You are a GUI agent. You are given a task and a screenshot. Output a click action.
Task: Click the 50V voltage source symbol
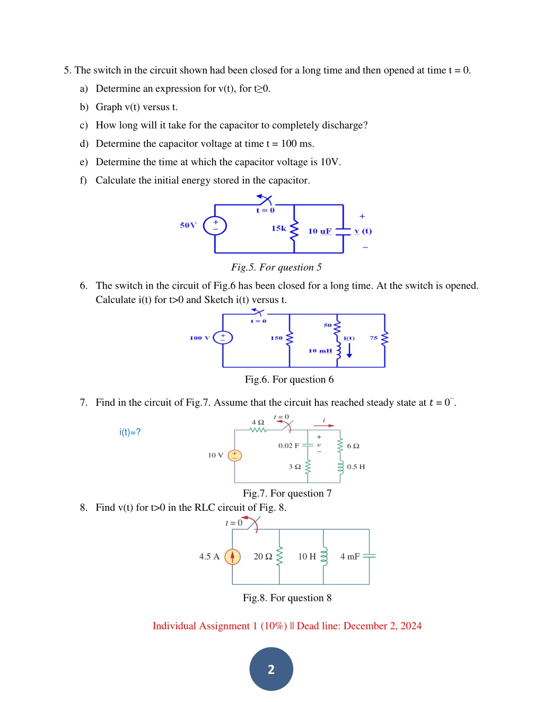215,226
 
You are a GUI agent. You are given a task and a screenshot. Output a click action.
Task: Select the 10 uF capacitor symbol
343,232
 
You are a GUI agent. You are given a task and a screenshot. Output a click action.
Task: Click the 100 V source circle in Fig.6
223,337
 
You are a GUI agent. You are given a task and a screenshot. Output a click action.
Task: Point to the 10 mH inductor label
320,351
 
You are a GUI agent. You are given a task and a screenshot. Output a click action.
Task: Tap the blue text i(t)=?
130,432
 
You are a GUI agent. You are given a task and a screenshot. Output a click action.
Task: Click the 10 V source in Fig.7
235,456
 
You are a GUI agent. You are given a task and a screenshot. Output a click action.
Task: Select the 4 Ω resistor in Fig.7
258,430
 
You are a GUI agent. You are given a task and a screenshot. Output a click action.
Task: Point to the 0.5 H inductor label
356,466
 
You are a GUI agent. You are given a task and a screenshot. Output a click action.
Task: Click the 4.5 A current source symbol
232,557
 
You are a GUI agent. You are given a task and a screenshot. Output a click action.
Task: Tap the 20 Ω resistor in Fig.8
279,556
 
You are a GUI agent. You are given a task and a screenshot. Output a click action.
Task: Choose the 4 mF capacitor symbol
369,556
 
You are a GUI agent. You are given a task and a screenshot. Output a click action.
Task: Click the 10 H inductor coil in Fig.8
323,556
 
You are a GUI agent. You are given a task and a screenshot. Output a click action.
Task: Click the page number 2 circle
271,669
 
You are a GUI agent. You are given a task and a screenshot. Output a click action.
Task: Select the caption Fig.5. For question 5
276,267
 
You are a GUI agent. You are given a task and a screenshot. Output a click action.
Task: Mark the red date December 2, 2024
382,626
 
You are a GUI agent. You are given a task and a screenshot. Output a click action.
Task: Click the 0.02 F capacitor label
288,446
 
